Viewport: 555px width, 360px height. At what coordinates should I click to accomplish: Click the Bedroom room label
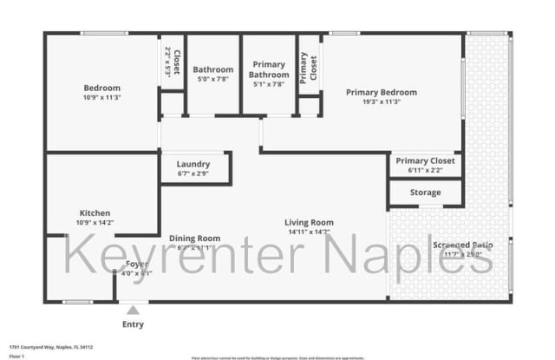coord(101,88)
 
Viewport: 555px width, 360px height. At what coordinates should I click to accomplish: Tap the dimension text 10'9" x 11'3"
coord(101,97)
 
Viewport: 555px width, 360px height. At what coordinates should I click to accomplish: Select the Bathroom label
coord(212,69)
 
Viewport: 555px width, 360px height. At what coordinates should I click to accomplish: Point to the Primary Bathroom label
coord(268,69)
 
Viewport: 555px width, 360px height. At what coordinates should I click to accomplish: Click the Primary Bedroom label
coord(381,92)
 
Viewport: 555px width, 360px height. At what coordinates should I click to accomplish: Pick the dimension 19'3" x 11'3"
coord(381,101)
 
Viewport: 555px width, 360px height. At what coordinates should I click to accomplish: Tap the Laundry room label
coord(193,164)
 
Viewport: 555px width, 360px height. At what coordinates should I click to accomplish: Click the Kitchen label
coord(95,213)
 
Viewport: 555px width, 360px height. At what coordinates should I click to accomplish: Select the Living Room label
coord(310,222)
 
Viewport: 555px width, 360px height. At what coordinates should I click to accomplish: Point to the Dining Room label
coord(194,238)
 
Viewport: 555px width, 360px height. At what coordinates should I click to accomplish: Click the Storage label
coord(425,193)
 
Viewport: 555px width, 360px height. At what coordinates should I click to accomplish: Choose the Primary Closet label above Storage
coord(425,160)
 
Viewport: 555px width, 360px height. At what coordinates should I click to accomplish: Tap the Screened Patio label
coord(463,245)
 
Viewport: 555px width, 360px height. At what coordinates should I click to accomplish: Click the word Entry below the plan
coord(134,324)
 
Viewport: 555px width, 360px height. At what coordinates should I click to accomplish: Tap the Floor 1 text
coord(16,355)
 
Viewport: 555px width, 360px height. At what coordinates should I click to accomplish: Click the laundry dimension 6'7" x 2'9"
coord(193,173)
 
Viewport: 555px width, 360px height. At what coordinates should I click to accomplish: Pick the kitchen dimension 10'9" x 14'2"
coord(95,222)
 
